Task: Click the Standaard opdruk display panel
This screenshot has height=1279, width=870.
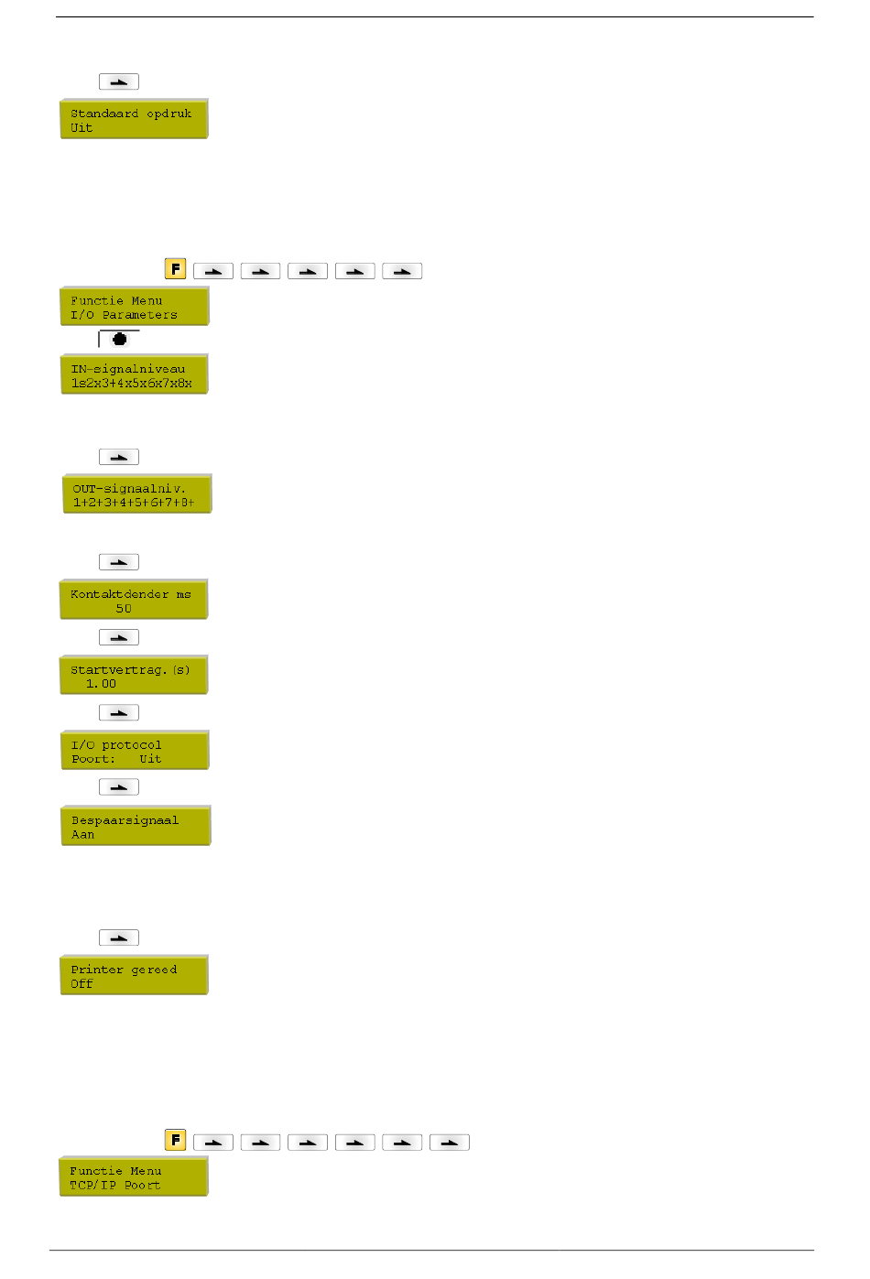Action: (134, 119)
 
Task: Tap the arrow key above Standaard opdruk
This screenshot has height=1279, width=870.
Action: (119, 81)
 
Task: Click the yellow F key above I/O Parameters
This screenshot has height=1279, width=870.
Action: (175, 269)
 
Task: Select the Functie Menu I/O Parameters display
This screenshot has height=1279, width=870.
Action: (134, 307)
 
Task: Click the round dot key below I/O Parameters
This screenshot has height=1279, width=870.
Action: (119, 339)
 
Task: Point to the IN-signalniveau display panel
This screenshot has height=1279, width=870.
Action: (134, 374)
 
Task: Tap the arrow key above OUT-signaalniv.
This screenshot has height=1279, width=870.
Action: (119, 457)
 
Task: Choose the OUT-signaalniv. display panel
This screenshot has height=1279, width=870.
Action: (136, 494)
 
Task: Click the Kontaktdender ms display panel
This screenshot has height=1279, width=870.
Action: (134, 600)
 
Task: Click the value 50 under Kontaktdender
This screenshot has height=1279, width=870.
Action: (124, 608)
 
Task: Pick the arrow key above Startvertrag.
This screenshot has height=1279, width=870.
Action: (119, 637)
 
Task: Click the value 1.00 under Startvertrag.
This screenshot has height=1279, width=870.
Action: (101, 684)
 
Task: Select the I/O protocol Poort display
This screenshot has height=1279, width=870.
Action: (134, 751)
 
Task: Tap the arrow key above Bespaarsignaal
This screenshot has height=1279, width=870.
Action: (119, 787)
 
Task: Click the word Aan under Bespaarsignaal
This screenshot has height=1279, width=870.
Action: (83, 835)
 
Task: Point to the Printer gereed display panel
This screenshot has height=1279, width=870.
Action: (134, 975)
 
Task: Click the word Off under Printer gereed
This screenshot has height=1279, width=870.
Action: (82, 984)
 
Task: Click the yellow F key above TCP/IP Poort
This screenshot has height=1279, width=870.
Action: (175, 1140)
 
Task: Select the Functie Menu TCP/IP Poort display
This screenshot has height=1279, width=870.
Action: (134, 1177)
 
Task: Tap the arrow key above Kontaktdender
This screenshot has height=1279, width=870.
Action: (119, 562)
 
